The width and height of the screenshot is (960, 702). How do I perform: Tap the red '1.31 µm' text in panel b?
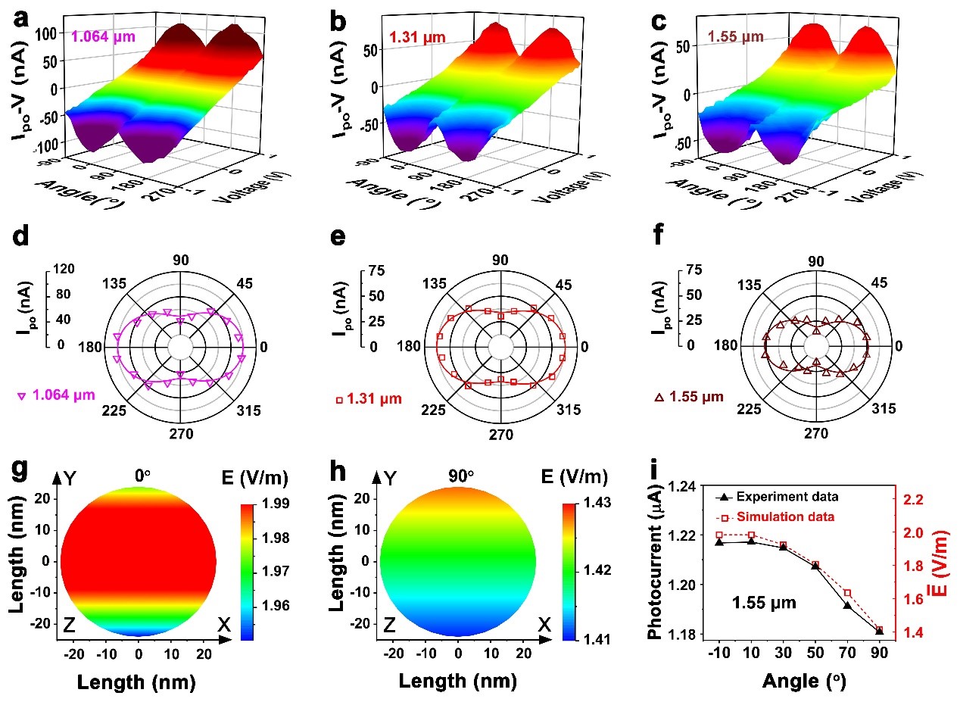413,36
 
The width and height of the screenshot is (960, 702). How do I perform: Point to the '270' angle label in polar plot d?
182,434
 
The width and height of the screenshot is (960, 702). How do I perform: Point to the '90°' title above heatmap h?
459,476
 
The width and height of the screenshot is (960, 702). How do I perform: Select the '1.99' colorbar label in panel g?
274,504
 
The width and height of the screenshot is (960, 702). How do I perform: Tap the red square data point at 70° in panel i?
847,593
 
